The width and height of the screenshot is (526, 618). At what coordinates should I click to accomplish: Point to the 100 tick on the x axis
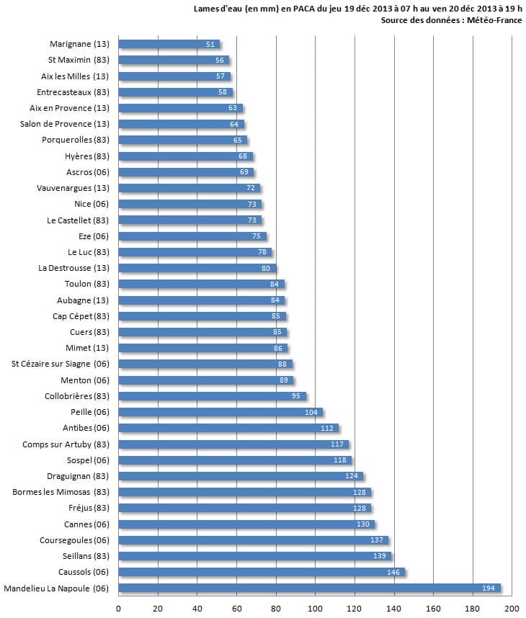pos(315,609)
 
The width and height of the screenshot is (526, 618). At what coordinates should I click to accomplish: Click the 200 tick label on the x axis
pos(512,609)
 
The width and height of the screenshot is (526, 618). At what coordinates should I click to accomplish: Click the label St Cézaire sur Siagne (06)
pos(61,364)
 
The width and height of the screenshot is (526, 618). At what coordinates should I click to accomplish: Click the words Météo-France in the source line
pos(495,20)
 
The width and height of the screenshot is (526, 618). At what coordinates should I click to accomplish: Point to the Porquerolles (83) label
pos(76,140)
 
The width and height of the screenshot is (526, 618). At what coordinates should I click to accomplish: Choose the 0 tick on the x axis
pos(118,609)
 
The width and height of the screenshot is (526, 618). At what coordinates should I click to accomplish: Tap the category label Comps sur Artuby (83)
pos(66,444)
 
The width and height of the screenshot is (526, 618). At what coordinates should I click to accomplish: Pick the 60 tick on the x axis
pos(236,609)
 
